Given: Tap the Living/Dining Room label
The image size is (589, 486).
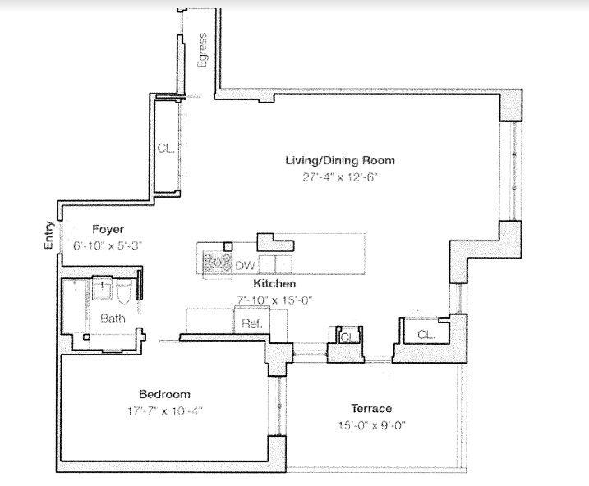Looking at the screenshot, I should click(339, 160).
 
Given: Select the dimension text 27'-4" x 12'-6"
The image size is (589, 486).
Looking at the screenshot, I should click(339, 177).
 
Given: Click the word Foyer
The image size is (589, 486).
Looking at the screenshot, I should click(108, 229).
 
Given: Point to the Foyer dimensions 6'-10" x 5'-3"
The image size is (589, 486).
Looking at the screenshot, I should click(108, 245).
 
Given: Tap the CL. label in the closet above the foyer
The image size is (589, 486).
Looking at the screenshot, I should click(165, 149).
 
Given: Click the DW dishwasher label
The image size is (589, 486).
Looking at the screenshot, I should click(245, 265).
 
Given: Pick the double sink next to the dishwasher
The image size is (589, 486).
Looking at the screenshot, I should click(275, 264).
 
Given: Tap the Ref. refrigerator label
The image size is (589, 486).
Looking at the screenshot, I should click(251, 323).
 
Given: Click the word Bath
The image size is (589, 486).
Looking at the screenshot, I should click(113, 319).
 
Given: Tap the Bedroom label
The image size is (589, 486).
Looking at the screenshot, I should click(164, 393).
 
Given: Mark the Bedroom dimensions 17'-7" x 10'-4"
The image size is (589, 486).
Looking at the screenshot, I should click(164, 409).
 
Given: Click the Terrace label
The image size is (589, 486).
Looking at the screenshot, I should click(371, 408).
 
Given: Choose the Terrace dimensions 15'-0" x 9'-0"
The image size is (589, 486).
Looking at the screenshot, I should click(371, 424).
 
